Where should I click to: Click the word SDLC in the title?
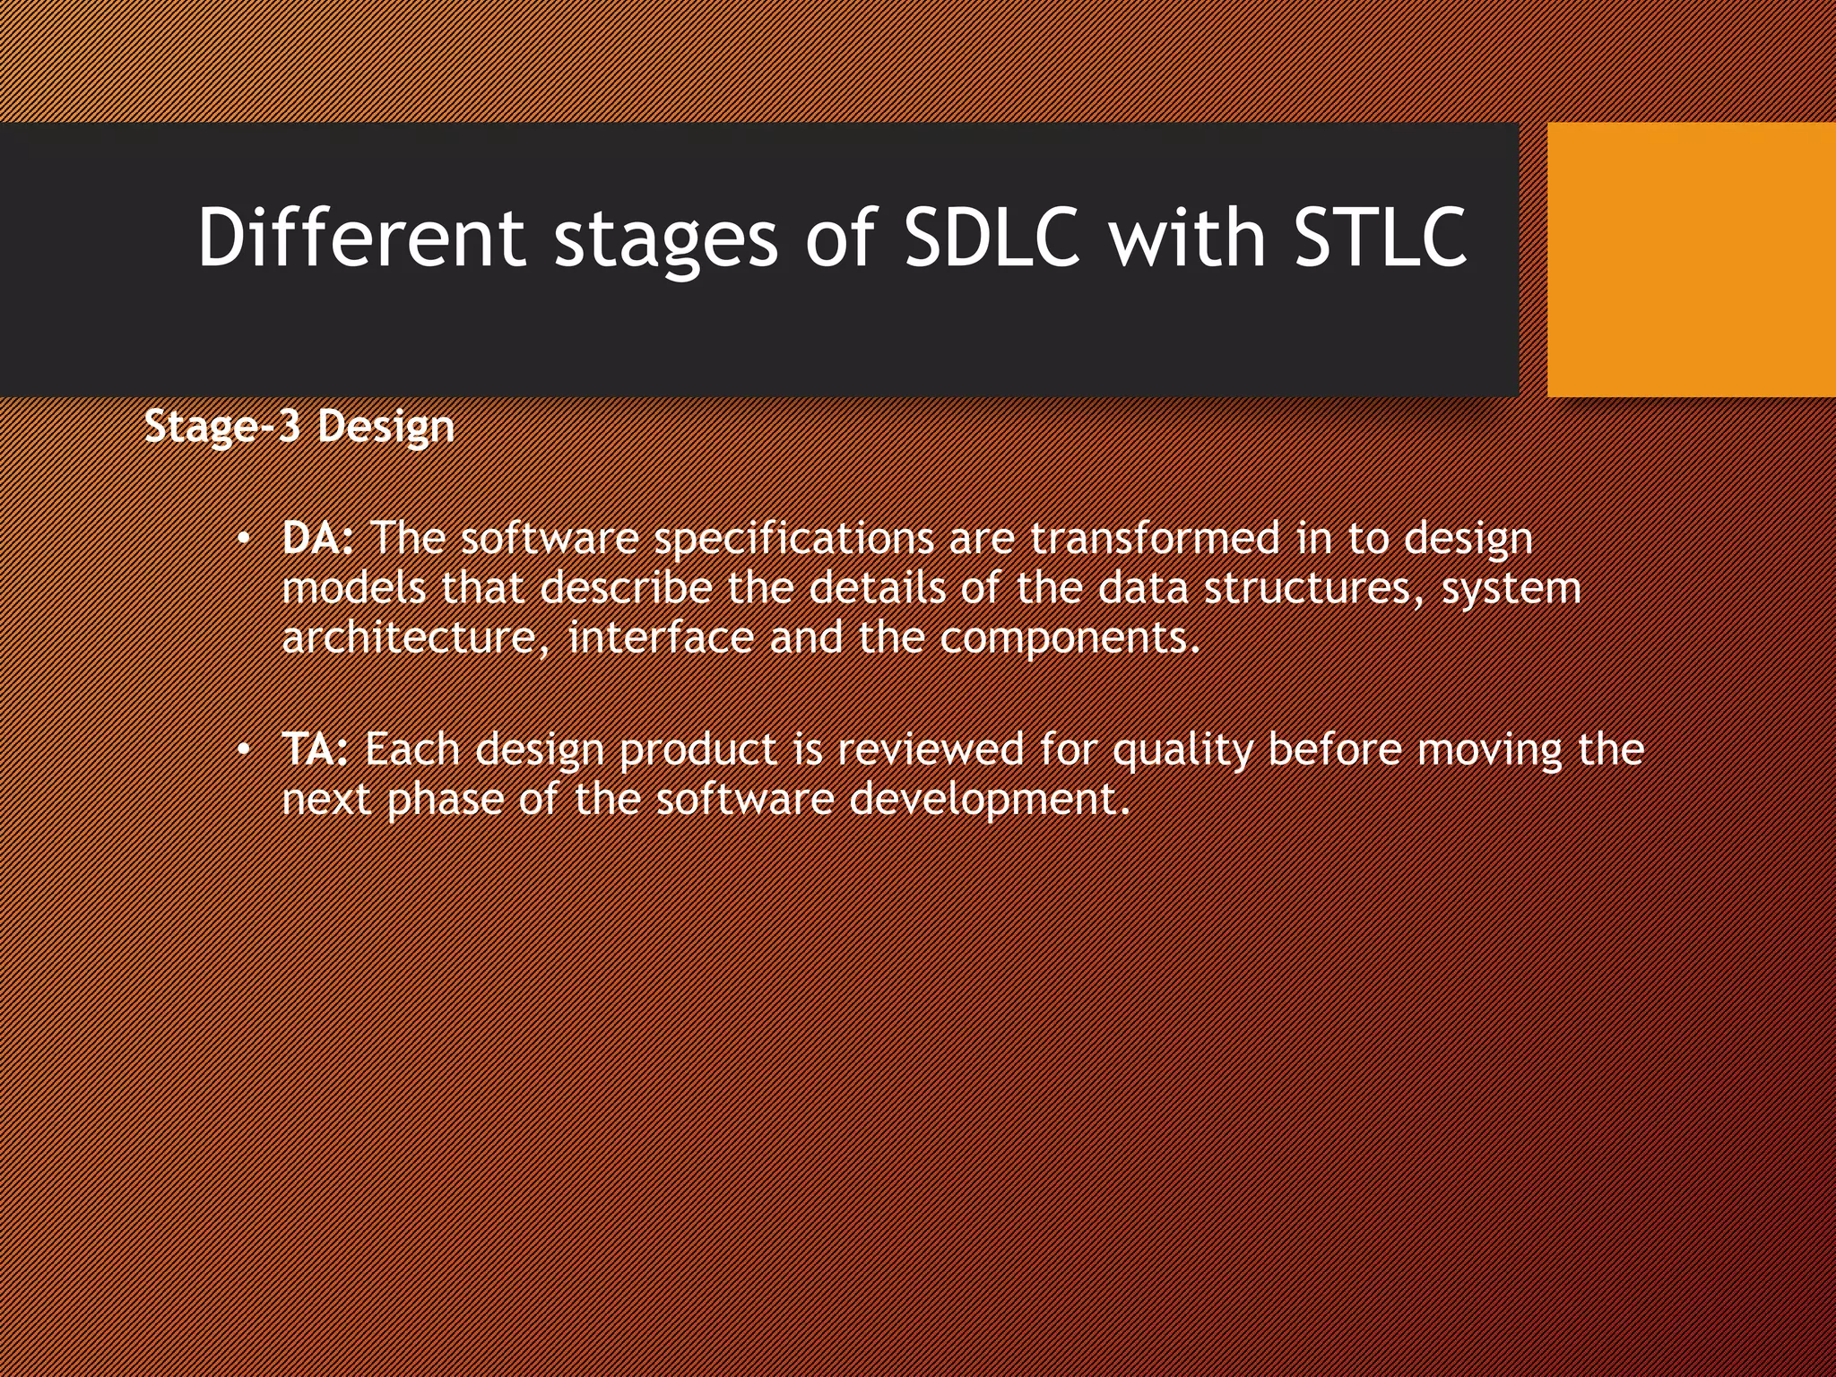click(x=992, y=238)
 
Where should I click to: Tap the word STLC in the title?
click(x=1381, y=238)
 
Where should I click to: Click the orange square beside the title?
click(x=1691, y=259)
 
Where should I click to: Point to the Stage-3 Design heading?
click(x=299, y=426)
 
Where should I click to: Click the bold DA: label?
click(x=318, y=538)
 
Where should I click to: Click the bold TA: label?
click(x=315, y=749)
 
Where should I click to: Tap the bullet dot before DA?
click(x=242, y=540)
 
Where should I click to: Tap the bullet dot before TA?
click(x=242, y=750)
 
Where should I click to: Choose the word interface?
click(x=661, y=637)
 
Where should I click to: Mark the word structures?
click(x=1314, y=588)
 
